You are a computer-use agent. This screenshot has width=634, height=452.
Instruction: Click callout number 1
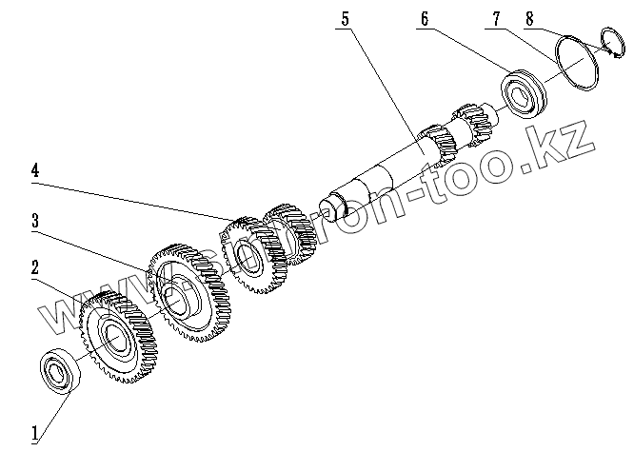click(36, 434)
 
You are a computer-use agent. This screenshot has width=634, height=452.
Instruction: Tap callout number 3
click(36, 221)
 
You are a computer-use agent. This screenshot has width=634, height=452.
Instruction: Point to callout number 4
click(36, 171)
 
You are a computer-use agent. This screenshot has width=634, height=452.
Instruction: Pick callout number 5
click(346, 17)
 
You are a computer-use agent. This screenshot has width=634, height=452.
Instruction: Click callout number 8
click(528, 16)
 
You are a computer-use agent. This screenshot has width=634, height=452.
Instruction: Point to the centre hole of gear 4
click(245, 255)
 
